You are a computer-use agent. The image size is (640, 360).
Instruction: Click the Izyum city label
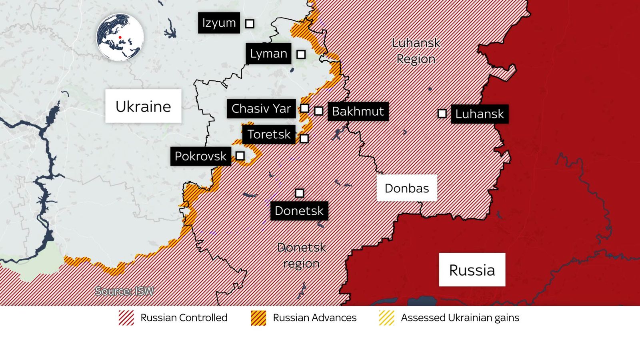pyautogui.click(x=219, y=23)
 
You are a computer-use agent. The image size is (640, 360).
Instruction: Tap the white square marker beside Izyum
pyautogui.click(x=250, y=24)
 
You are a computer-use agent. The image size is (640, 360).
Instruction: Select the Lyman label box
pyautogui.click(x=268, y=54)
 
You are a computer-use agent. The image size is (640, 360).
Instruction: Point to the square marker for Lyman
pyautogui.click(x=301, y=54)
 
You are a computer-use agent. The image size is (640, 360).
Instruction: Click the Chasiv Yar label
pyautogui.click(x=261, y=108)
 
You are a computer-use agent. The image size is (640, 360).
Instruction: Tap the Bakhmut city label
pyautogui.click(x=358, y=111)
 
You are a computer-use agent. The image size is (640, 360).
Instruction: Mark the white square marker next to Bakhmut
pyautogui.click(x=318, y=111)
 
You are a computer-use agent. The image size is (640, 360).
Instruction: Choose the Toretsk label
pyautogui.click(x=269, y=134)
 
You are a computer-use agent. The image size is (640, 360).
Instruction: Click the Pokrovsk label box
pyautogui.click(x=200, y=156)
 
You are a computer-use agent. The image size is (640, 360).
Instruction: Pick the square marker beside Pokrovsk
pyautogui.click(x=240, y=156)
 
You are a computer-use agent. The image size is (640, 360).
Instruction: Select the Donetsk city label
pyautogui.click(x=299, y=211)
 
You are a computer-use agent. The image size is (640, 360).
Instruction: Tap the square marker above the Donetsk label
pyautogui.click(x=299, y=193)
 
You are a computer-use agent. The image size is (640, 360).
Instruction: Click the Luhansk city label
pyautogui.click(x=480, y=114)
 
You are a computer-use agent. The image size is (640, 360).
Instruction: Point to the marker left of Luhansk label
pyautogui.click(x=442, y=114)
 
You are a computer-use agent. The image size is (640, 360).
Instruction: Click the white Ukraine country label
pyautogui.click(x=143, y=106)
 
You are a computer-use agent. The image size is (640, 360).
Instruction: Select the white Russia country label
pyautogui.click(x=472, y=270)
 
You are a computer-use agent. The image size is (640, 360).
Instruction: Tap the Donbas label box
pyautogui.click(x=407, y=188)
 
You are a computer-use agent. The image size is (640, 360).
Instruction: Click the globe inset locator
pyautogui.click(x=120, y=37)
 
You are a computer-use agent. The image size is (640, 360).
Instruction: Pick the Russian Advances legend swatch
pyautogui.click(x=258, y=318)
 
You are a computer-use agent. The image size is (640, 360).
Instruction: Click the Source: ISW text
pyautogui.click(x=124, y=291)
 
